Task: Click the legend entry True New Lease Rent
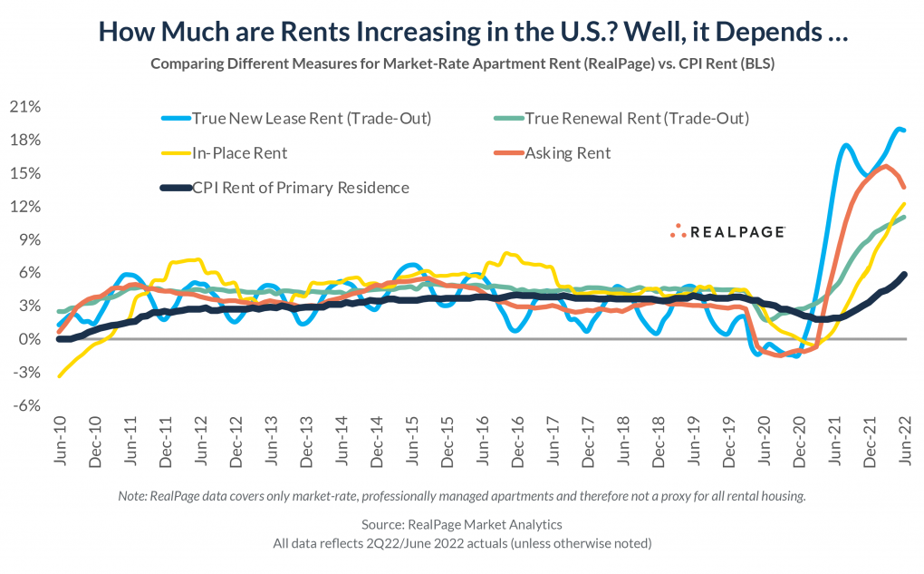pos(312,118)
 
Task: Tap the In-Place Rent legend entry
pos(240,153)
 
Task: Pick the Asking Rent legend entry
pos(568,153)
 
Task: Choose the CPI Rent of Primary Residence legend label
pos(301,188)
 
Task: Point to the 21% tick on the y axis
pos(25,107)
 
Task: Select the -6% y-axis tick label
pos(27,405)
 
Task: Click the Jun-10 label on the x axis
pos(60,442)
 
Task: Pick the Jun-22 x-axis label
pos(905,442)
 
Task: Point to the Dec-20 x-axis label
pos(800,442)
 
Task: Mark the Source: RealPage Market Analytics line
pos(462,524)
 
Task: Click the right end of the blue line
pos(904,131)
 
